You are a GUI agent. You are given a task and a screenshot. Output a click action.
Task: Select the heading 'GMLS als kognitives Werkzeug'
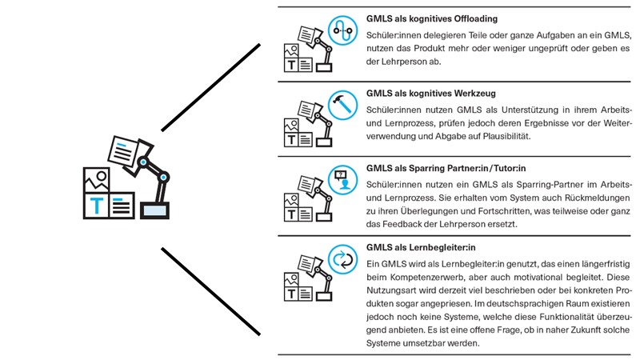point(431,93)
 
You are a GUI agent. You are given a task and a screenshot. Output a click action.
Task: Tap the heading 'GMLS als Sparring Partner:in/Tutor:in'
point(446,169)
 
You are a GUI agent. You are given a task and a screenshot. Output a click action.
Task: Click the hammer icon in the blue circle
point(342,106)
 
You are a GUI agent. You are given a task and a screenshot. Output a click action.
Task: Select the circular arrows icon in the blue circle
point(342,260)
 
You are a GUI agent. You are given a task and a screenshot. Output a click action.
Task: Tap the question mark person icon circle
point(342,181)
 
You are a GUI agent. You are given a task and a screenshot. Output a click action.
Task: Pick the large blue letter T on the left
point(96,206)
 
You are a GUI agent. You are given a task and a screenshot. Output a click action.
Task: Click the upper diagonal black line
point(210,86)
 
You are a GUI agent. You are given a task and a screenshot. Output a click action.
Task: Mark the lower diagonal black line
point(210,292)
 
